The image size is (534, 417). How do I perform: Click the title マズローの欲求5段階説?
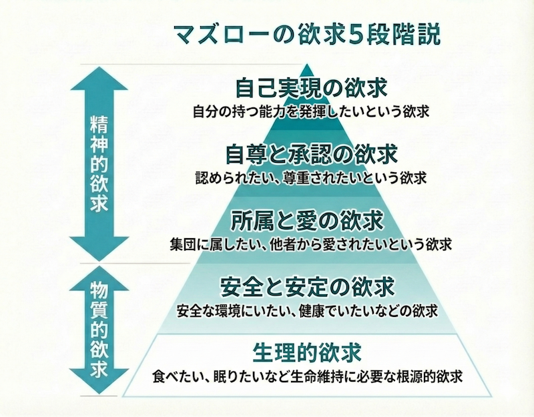306,33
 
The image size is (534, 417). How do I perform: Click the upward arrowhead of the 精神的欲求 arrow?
98,75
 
